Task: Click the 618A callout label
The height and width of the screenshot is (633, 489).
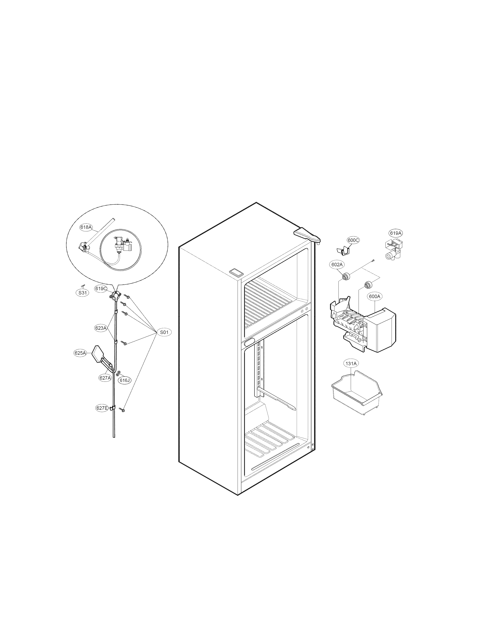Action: click(x=86, y=227)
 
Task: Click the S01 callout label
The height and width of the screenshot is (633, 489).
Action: click(x=164, y=332)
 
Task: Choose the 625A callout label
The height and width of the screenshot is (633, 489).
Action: click(x=80, y=353)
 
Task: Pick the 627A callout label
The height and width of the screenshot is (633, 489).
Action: click(x=105, y=378)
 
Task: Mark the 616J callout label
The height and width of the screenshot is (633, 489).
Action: click(x=125, y=380)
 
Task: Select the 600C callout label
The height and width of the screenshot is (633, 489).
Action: click(x=353, y=240)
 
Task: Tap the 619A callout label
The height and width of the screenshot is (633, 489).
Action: click(x=396, y=233)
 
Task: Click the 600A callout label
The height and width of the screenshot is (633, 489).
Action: click(x=375, y=297)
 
